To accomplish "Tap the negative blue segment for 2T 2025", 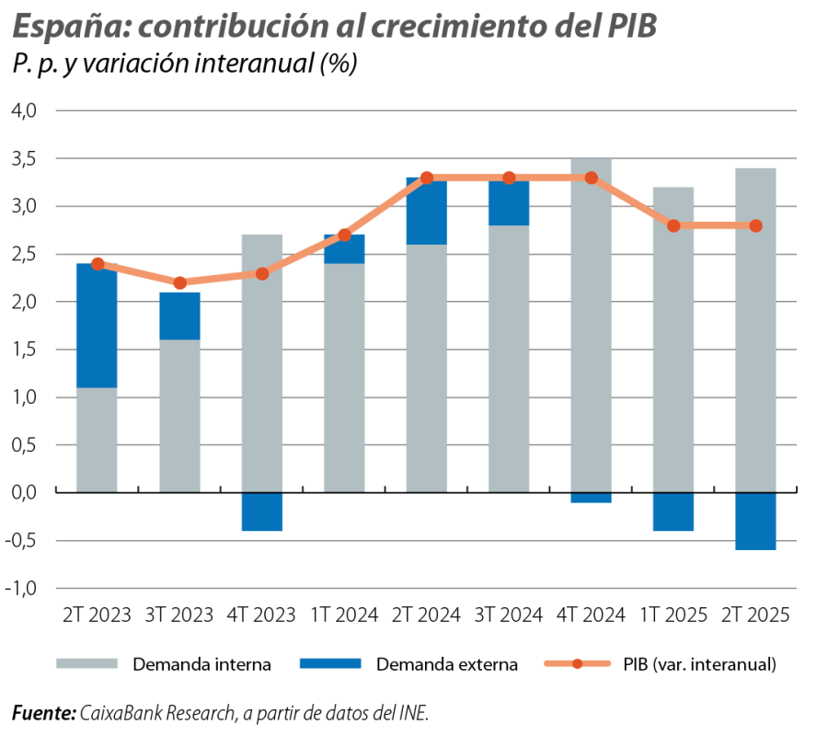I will pyautogui.click(x=755, y=521).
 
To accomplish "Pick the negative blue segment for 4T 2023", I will pyautogui.click(x=261, y=512).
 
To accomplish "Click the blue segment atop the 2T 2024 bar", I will pyautogui.click(x=426, y=212).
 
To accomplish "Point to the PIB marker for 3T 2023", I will pyautogui.click(x=179, y=282).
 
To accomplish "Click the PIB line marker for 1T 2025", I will pyautogui.click(x=673, y=225).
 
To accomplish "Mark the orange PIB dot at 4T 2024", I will pyautogui.click(x=591, y=178).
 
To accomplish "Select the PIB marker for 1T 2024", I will pyautogui.click(x=344, y=235).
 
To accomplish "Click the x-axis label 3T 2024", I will pyautogui.click(x=509, y=615).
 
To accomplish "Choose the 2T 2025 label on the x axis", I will pyautogui.click(x=755, y=615).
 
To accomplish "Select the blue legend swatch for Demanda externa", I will pyautogui.click(x=329, y=663).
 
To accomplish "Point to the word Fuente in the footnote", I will pyautogui.click(x=42, y=713).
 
